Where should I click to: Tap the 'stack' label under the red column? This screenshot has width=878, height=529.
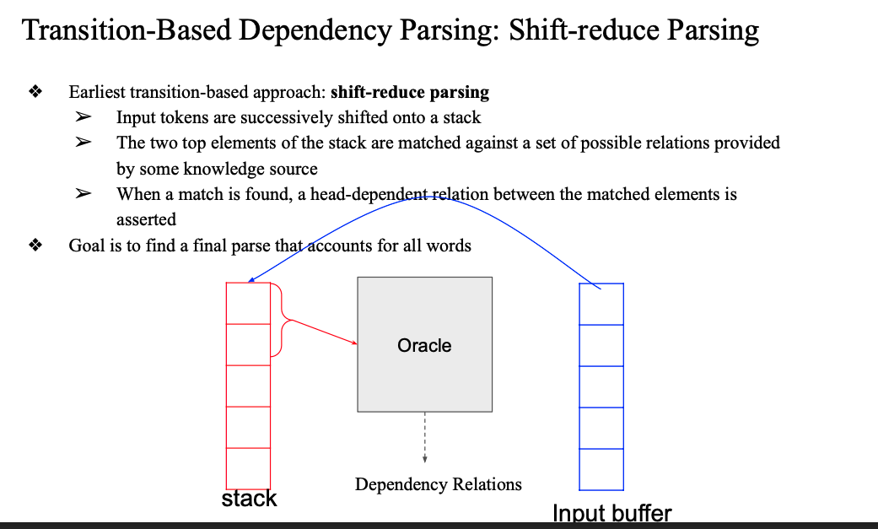tap(249, 499)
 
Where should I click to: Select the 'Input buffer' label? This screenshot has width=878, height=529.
tap(611, 513)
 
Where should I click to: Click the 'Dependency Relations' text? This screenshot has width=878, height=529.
tap(438, 484)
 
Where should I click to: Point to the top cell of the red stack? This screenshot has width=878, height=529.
tap(248, 303)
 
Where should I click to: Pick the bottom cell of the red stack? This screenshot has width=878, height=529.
tap(248, 468)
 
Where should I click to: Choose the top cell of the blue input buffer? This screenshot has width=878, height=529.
tap(601, 305)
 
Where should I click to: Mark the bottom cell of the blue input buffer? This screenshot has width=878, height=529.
tap(601, 469)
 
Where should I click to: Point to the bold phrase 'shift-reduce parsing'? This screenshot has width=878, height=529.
tap(410, 92)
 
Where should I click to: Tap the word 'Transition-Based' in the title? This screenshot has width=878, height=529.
tap(126, 30)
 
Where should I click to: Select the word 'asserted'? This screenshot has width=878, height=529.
tap(146, 219)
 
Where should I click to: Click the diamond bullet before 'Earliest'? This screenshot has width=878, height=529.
tap(35, 92)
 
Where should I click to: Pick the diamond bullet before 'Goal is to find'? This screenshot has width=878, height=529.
tap(35, 246)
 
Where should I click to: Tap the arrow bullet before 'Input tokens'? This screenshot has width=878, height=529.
tap(83, 118)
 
